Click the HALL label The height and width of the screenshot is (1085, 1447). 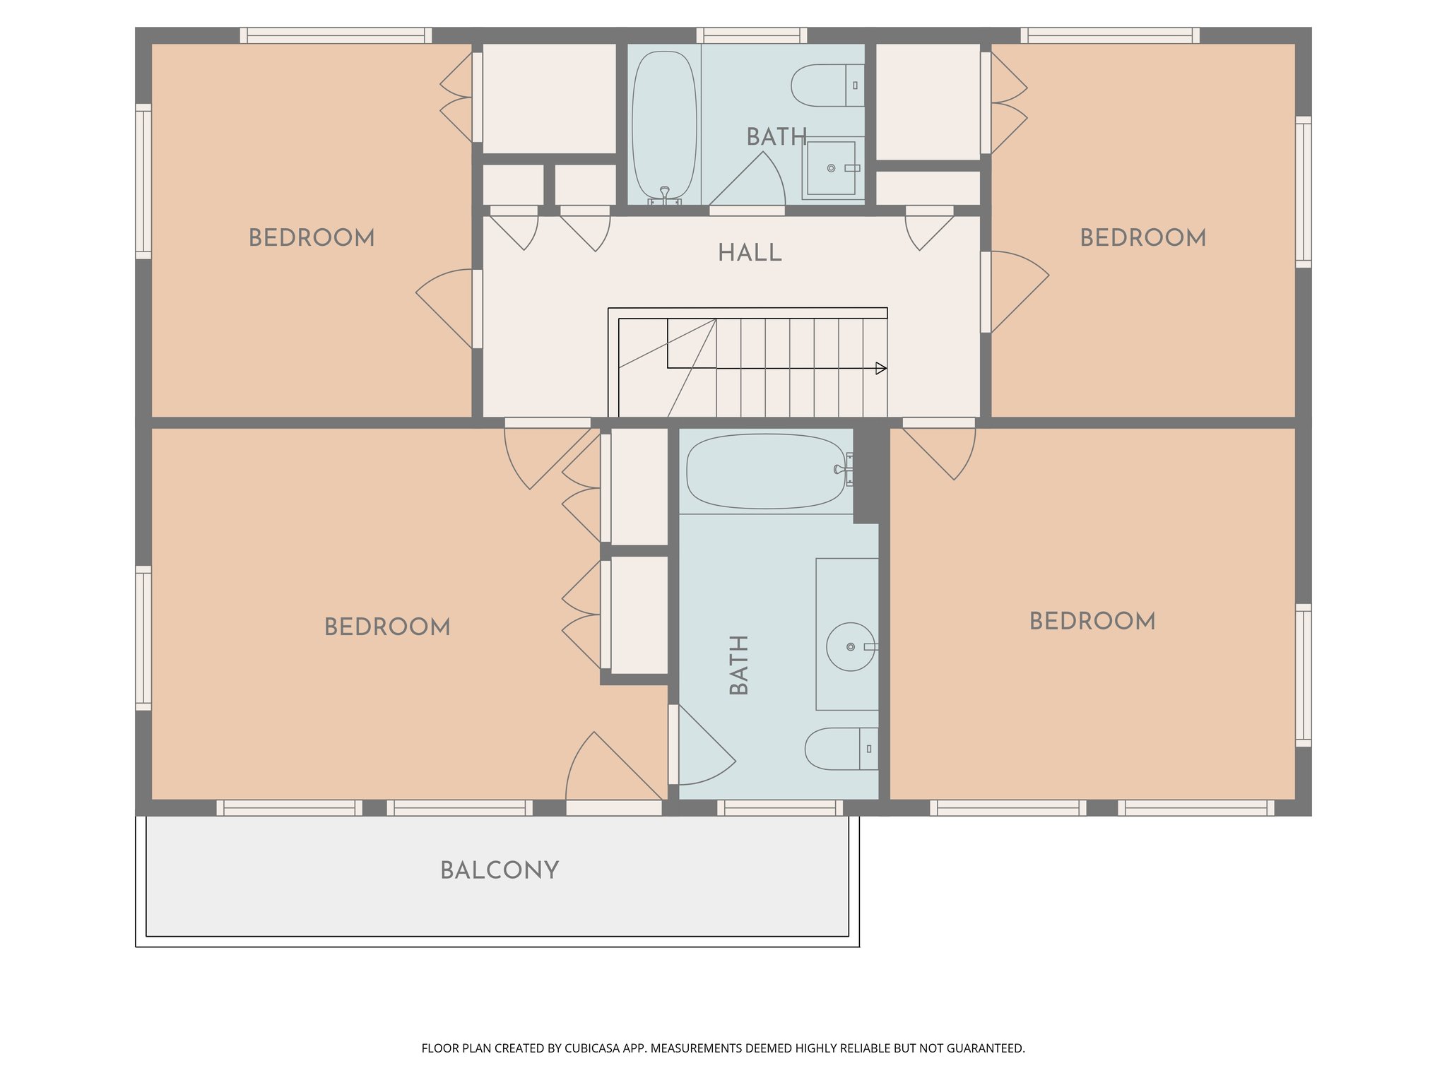[x=750, y=253]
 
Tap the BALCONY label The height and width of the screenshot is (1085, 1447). [x=500, y=870]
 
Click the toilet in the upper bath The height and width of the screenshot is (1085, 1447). [x=827, y=85]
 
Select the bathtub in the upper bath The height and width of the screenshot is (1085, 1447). [x=664, y=126]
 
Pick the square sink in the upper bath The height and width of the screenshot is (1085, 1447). [x=832, y=168]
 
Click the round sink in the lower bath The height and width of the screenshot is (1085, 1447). [x=851, y=646]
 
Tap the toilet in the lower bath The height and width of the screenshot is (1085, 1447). [x=840, y=749]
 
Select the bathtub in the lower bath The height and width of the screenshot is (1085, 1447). [x=766, y=471]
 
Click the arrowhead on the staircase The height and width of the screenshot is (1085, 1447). [x=880, y=368]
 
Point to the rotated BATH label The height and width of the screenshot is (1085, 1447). [x=738, y=665]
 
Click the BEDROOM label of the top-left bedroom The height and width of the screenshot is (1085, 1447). [x=312, y=238]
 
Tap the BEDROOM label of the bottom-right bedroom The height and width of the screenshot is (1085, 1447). [x=1092, y=622]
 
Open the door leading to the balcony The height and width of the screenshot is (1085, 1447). [x=613, y=807]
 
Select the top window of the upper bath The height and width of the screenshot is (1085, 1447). [x=751, y=35]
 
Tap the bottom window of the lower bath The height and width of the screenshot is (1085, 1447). [x=780, y=807]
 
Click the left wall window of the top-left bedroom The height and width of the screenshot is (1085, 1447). [x=143, y=182]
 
